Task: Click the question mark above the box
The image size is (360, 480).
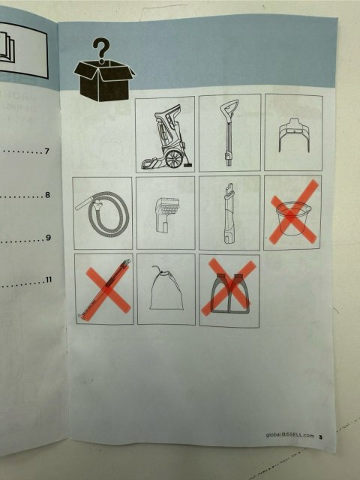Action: click(101, 50)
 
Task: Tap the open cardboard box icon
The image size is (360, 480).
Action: click(104, 80)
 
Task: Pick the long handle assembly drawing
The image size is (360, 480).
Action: click(229, 132)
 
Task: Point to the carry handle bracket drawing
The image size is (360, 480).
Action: click(294, 135)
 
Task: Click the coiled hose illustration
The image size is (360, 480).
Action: click(102, 213)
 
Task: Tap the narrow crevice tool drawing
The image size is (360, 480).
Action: click(229, 213)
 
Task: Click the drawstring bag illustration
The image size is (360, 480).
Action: click(166, 288)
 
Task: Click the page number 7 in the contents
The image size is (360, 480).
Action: click(46, 151)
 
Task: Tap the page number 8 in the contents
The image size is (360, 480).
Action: click(47, 195)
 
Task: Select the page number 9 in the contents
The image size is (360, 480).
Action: click(48, 238)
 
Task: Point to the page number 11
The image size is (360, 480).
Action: click(48, 280)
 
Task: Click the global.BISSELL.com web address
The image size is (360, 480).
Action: click(290, 435)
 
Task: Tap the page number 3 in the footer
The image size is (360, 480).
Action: click(320, 436)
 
